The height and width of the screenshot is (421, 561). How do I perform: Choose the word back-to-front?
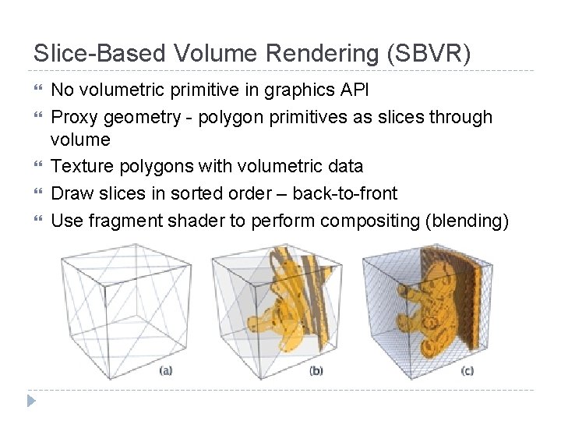coord(344,193)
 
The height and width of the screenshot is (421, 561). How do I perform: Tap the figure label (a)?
coord(166,371)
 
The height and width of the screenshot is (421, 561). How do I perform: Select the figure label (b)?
coord(316,371)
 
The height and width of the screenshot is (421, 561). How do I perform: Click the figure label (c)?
coord(466,371)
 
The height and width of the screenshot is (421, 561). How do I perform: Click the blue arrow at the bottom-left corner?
coord(32,402)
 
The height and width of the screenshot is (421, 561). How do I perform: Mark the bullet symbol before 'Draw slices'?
coord(39,193)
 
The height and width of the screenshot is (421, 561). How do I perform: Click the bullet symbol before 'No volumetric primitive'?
coord(39,90)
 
